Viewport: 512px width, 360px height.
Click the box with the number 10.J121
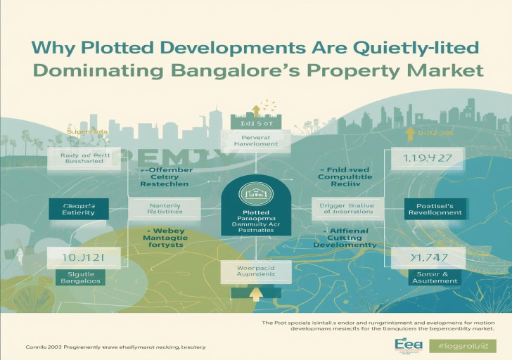[x=75, y=258]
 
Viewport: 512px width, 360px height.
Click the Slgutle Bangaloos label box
[x=74, y=276]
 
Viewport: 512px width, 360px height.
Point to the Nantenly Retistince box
[x=165, y=208]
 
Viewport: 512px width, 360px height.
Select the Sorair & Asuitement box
[x=424, y=276]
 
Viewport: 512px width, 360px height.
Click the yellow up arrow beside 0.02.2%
[x=408, y=132]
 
